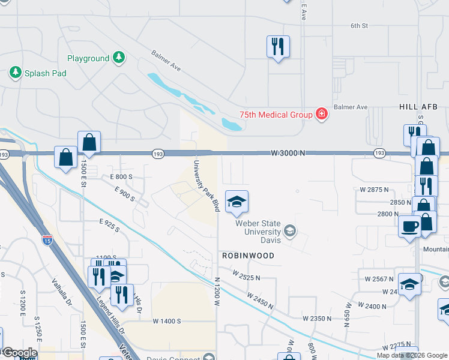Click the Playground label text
(88, 59)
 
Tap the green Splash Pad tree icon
(15, 73)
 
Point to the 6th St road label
(359, 26)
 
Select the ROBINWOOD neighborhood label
(248, 256)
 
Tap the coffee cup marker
(410, 226)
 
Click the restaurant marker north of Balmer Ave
(278, 46)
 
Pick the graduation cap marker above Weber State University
(237, 202)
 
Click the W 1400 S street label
(167, 321)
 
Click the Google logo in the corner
(19, 353)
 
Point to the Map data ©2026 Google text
(412, 355)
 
